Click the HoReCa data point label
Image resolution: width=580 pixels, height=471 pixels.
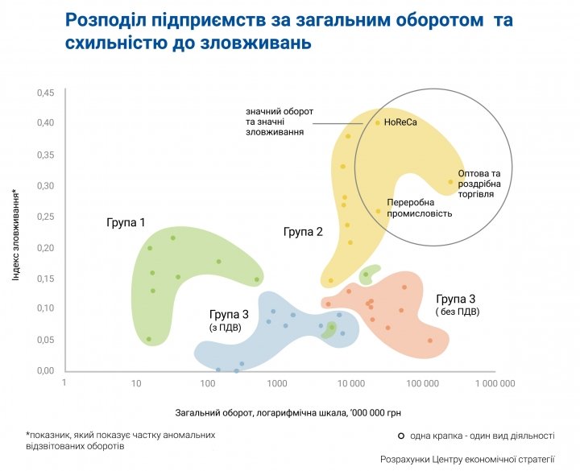pos(400,123)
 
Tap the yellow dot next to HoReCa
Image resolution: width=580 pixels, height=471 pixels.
pos(377,122)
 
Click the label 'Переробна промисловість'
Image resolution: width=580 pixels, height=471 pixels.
pos(419,208)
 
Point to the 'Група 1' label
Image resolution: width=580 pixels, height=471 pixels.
pos(126,221)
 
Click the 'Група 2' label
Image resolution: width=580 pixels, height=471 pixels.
pos(303,232)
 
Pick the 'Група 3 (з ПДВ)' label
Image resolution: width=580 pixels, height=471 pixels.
pos(228,320)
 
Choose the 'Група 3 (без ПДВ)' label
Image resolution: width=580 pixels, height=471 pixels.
pos(456,304)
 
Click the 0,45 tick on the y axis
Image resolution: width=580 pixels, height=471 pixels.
pos(44,93)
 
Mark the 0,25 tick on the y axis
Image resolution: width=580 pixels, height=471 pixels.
pos(44,217)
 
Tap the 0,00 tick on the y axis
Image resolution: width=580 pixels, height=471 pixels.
pos(44,371)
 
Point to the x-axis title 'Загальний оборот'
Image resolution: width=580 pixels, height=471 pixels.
pos(288,413)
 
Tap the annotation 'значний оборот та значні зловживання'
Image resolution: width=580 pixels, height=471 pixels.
pos(280,121)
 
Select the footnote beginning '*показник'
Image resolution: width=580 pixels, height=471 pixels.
pos(121,440)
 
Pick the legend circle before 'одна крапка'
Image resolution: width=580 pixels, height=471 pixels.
pos(400,436)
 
